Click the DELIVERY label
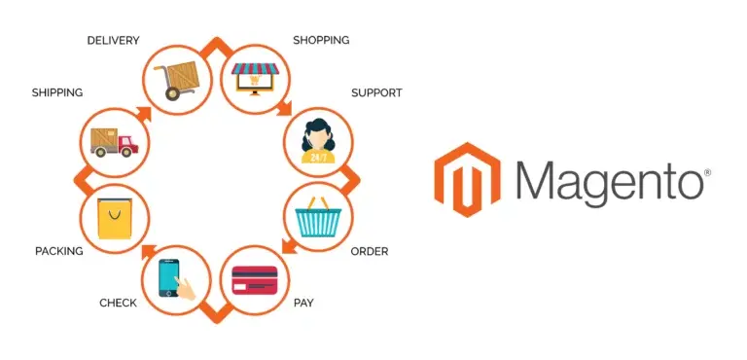pyautogui.click(x=113, y=40)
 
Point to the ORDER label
pyautogui.click(x=369, y=251)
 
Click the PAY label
pyautogui.click(x=303, y=303)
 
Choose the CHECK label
pyautogui.click(x=118, y=303)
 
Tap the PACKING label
pyautogui.click(x=58, y=251)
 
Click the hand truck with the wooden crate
pyautogui.click(x=179, y=75)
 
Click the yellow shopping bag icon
pyautogui.click(x=113, y=220)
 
